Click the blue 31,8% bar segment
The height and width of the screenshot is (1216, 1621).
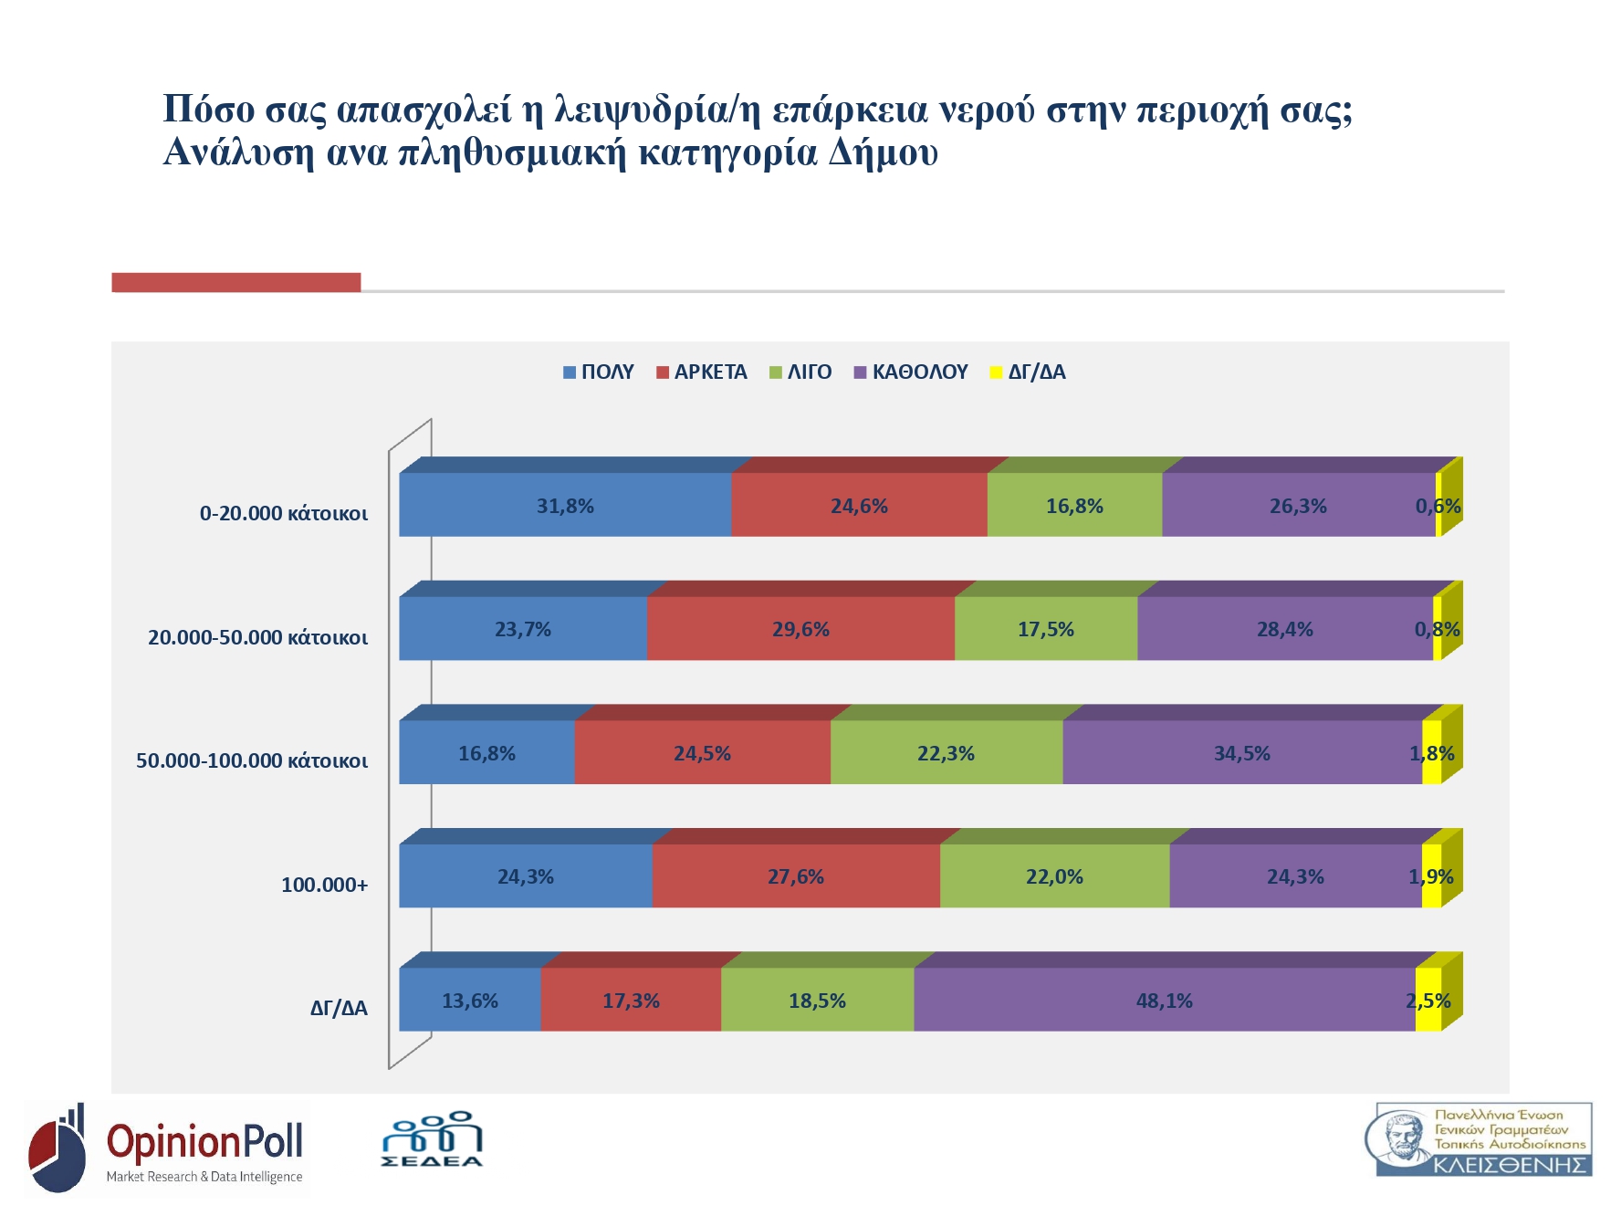pyautogui.click(x=565, y=505)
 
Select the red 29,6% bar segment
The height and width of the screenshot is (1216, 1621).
pyautogui.click(x=800, y=629)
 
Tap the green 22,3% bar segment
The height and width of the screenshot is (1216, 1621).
pyautogui.click(x=946, y=753)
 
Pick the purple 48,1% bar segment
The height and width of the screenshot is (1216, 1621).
pyautogui.click(x=1164, y=1001)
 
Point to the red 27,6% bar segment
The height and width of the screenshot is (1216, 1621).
pyautogui.click(x=796, y=876)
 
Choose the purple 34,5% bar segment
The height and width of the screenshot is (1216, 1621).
pyautogui.click(x=1241, y=753)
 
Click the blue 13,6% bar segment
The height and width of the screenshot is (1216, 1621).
pyautogui.click(x=470, y=1001)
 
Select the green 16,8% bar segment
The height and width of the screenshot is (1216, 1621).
pyautogui.click(x=1074, y=505)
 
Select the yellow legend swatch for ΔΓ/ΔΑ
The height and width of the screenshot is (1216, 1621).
pyautogui.click(x=997, y=372)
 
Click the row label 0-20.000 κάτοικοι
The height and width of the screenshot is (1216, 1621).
pyautogui.click(x=284, y=513)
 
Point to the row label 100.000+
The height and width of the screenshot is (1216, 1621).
pyautogui.click(x=324, y=885)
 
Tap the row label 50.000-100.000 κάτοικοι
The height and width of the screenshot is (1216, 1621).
pyautogui.click(x=252, y=760)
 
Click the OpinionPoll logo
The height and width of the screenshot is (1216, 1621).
pyautogui.click(x=167, y=1148)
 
